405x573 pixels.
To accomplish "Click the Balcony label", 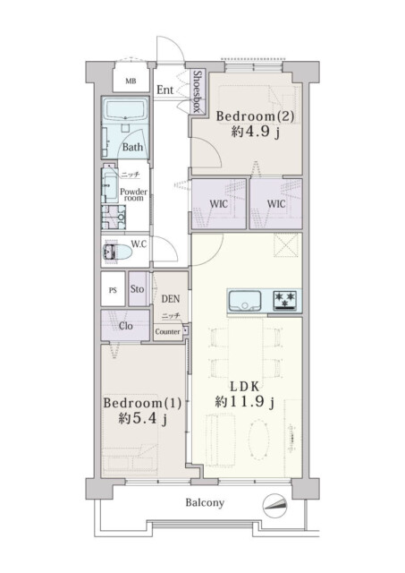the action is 205,503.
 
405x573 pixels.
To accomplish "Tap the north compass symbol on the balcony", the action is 274,505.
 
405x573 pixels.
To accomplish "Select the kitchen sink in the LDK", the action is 245,301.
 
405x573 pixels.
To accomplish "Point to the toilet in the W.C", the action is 117,252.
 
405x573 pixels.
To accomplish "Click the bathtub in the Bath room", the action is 125,110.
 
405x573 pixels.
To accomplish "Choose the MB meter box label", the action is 131,81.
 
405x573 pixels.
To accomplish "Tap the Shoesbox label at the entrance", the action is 197,91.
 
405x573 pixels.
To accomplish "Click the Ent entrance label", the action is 165,90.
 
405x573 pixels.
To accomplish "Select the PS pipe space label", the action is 113,290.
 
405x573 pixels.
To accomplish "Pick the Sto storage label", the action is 137,289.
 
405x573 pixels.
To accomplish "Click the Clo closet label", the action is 126,326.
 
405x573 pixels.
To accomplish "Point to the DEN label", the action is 171,299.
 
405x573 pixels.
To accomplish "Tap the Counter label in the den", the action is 167,332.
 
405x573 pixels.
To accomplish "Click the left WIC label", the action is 218,204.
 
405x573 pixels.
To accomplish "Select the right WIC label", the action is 276,204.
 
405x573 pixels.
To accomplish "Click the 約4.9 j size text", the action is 256,132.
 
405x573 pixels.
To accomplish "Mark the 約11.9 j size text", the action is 244,402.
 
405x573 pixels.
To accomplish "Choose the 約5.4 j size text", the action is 143,419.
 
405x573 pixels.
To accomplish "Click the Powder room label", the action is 134,195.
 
